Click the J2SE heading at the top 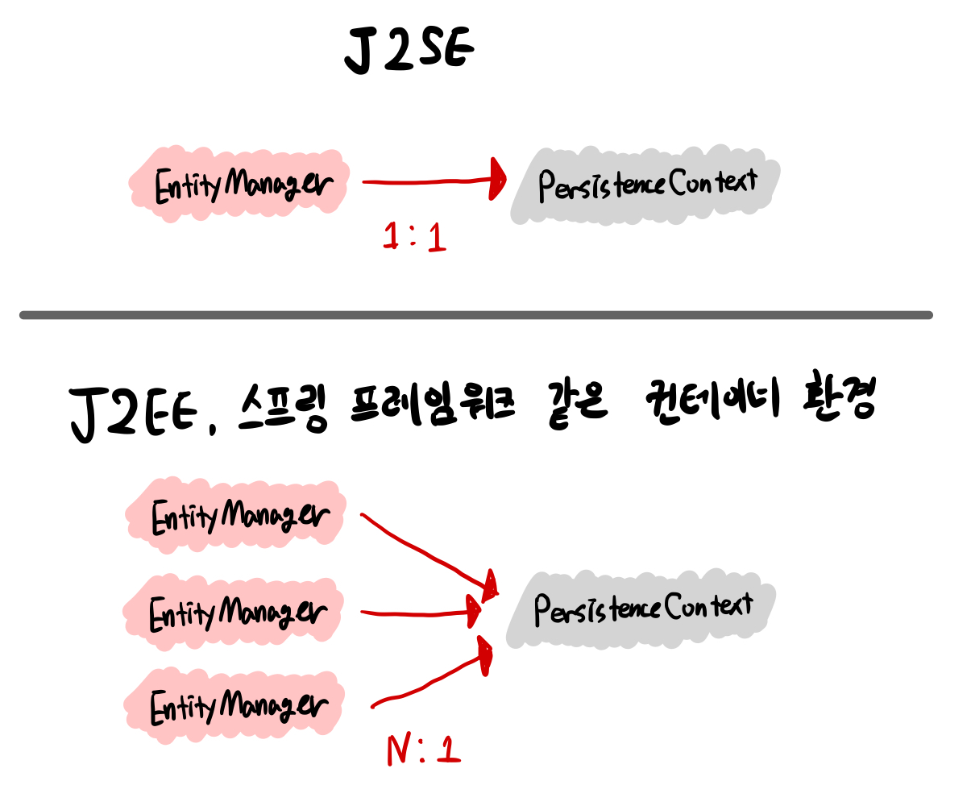pos(409,50)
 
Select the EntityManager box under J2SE pos(240,182)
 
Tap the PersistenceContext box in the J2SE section pos(646,185)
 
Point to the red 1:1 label pos(414,237)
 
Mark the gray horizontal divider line pos(475,315)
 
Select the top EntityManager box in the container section pos(237,516)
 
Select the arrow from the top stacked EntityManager pos(427,553)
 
